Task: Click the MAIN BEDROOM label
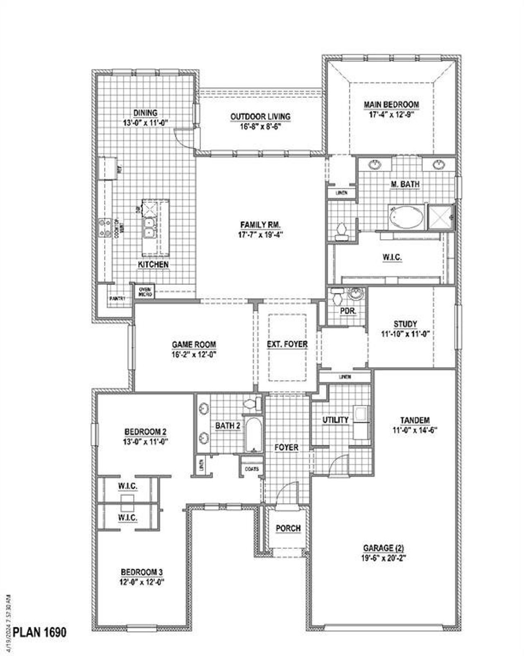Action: (391, 105)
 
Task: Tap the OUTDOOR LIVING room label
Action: (260, 117)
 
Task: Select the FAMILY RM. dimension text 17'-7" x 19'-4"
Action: (260, 235)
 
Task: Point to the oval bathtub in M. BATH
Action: (407, 217)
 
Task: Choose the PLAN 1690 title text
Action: (39, 632)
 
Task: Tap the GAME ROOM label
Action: (194, 345)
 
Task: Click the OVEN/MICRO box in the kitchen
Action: (145, 292)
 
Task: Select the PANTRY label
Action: (117, 299)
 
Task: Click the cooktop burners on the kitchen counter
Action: (105, 228)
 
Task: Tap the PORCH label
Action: (288, 529)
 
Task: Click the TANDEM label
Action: (415, 420)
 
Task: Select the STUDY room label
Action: (405, 324)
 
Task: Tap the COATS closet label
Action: (252, 469)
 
